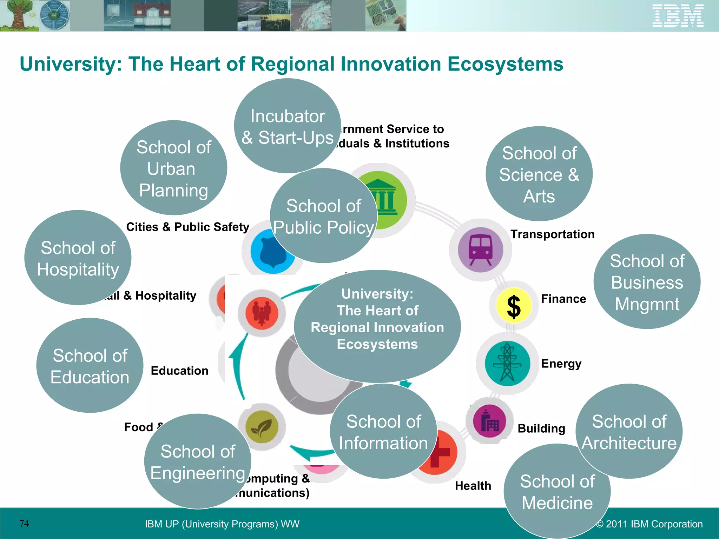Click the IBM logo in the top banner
click(x=678, y=15)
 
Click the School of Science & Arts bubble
click(x=539, y=174)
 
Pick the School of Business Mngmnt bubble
click(x=647, y=281)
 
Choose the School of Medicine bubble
click(x=557, y=491)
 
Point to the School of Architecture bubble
click(x=629, y=431)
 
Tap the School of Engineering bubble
click(x=197, y=461)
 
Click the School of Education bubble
click(x=90, y=365)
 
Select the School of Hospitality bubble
click(x=78, y=258)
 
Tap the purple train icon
click(x=480, y=249)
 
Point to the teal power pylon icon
click(x=507, y=363)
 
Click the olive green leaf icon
click(x=262, y=427)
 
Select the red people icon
click(x=262, y=313)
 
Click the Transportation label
click(x=552, y=234)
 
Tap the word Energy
click(x=561, y=364)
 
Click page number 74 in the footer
click(x=24, y=524)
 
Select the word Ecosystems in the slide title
click(x=505, y=64)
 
